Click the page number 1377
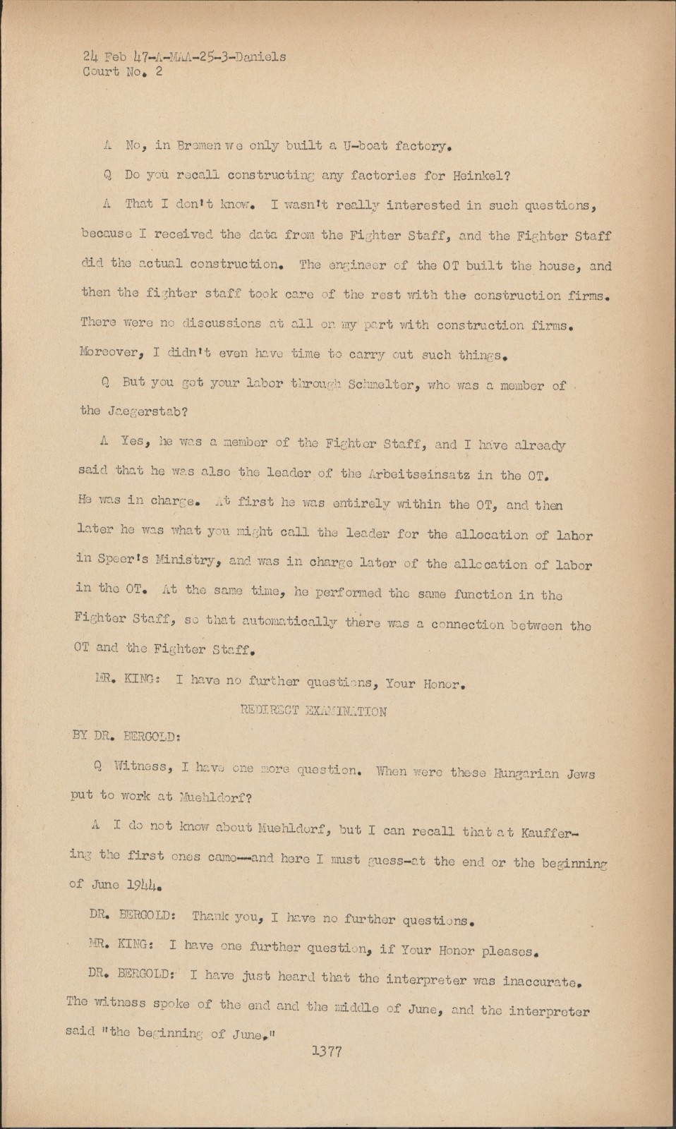[x=326, y=1051]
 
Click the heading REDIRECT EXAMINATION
[x=313, y=711]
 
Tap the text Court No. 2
[x=118, y=72]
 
